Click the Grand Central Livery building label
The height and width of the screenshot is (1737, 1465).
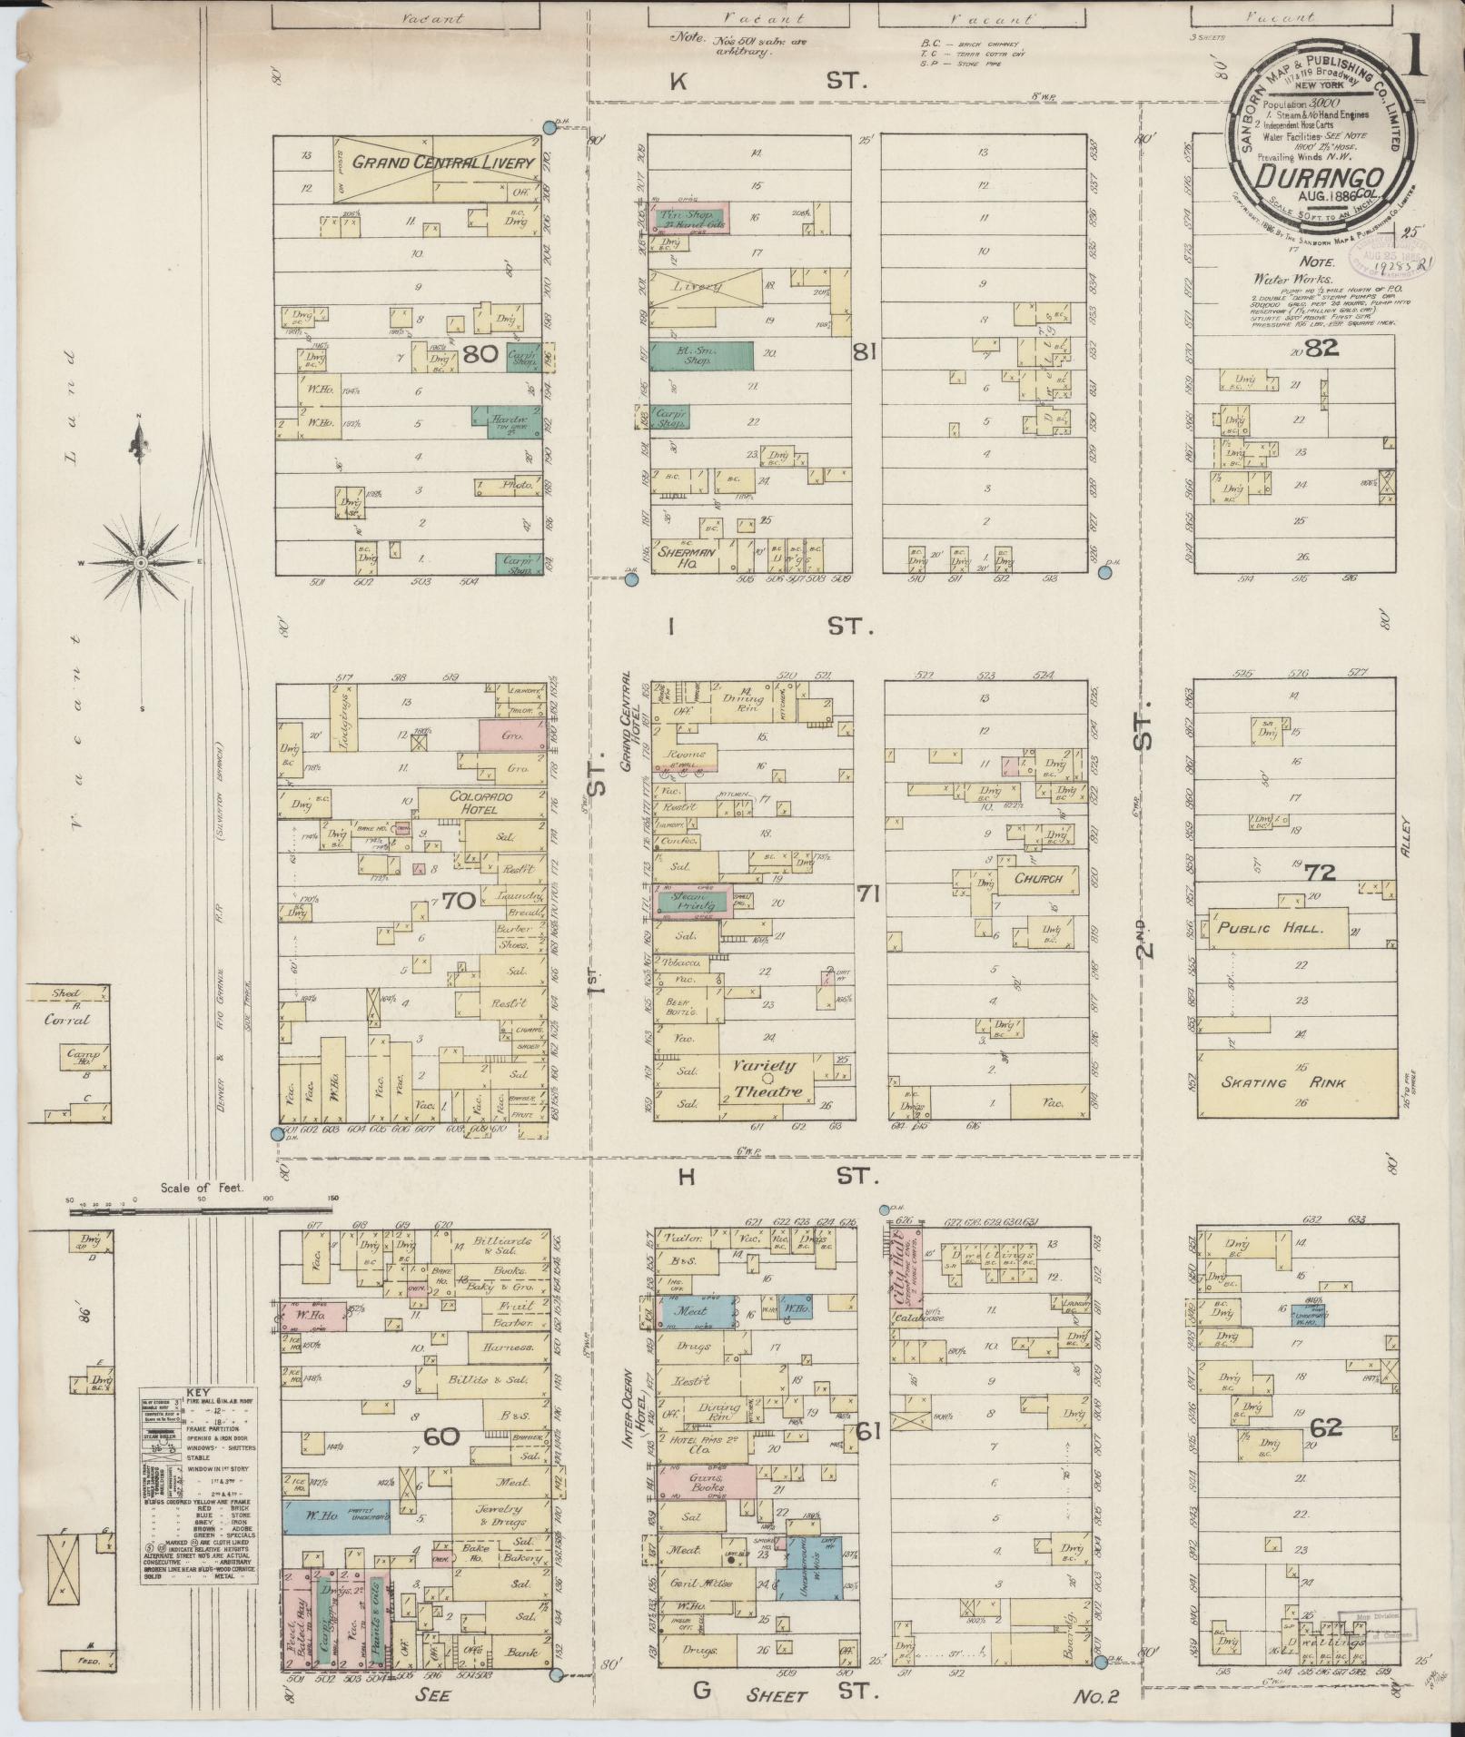[x=429, y=163]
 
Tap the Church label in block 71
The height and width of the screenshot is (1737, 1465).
[x=1038, y=879]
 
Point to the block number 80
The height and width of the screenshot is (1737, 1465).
[x=479, y=355]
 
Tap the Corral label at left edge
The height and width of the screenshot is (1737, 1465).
[x=68, y=1019]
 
